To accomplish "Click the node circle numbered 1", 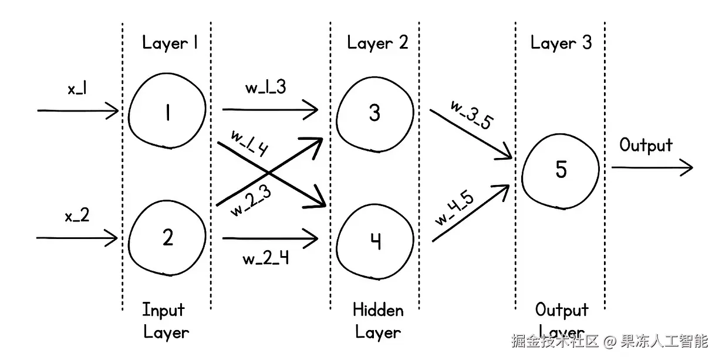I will point(168,112).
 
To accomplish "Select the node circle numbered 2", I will point(168,238).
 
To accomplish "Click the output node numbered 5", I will point(561,169).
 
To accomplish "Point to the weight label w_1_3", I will point(265,88).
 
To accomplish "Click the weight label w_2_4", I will point(265,258).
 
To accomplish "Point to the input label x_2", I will point(77,216).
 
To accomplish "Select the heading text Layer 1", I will point(170,43).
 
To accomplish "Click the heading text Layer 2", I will point(377,43).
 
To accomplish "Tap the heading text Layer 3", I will point(561,43).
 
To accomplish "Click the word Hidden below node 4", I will point(378,310).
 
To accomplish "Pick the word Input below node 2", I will point(163,310).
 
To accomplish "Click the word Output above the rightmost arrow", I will point(646,145).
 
